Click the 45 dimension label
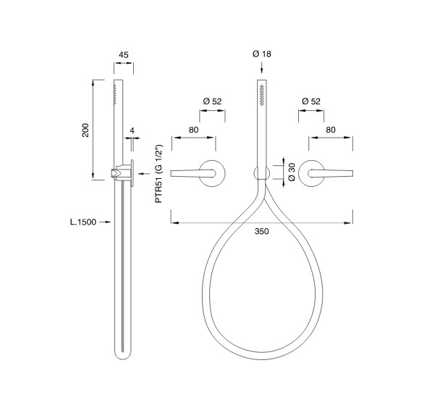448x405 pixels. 124,54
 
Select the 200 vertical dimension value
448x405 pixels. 85,130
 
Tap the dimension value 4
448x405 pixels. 132,130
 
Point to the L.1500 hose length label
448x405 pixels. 83,222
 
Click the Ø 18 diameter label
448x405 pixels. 262,54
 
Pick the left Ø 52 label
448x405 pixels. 212,101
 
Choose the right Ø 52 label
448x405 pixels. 311,101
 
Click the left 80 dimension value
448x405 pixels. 193,130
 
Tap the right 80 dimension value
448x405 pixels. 331,130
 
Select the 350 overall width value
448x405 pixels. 262,231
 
